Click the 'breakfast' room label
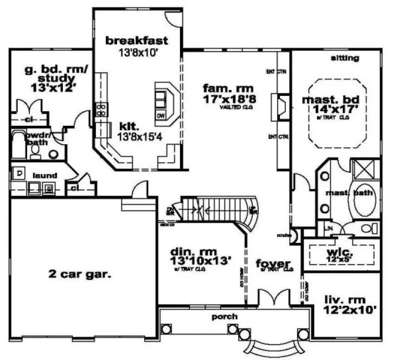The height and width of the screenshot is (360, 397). pos(136,40)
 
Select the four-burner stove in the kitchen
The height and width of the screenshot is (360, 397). pos(101,110)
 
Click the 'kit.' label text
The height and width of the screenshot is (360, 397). pos(129,125)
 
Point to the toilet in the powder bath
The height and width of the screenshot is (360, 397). pos(36,152)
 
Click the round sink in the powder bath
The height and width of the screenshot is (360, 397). pos(53,154)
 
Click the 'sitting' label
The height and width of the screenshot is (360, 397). pos(344,58)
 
